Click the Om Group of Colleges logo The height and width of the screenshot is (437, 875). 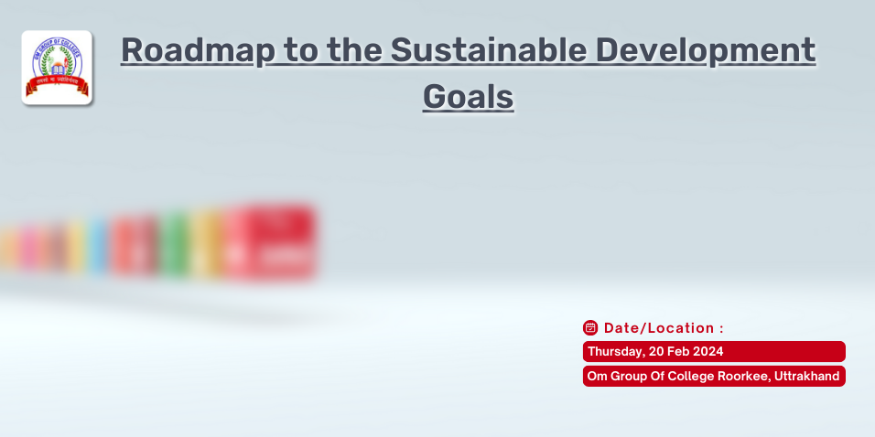tap(57, 68)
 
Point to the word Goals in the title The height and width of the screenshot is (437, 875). tap(468, 95)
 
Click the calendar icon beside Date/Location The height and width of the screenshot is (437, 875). tap(590, 327)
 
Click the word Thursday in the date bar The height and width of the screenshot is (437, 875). tap(617, 352)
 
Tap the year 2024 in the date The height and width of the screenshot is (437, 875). tap(708, 352)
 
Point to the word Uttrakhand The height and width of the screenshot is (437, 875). tap(806, 377)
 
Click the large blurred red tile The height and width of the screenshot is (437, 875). tap(271, 242)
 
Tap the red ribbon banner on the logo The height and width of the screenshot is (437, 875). tap(57, 88)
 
